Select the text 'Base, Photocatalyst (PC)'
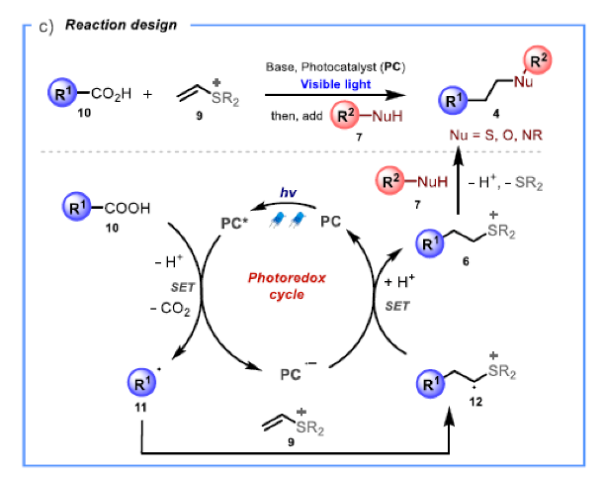pyautogui.click(x=320, y=67)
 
